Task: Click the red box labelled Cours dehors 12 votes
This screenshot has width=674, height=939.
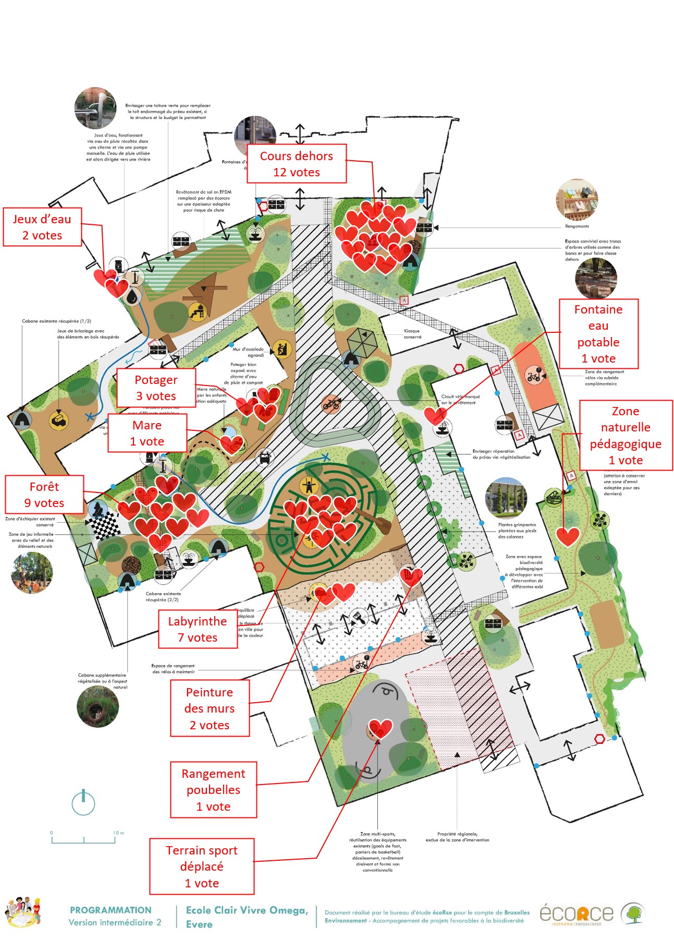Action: click(x=296, y=164)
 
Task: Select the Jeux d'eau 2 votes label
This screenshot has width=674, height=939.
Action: click(x=42, y=227)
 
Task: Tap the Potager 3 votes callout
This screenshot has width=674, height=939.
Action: click(x=156, y=388)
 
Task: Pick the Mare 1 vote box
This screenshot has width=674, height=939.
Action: click(x=147, y=433)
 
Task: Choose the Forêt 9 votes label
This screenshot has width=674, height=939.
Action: click(x=44, y=495)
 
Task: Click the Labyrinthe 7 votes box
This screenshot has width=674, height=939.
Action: click(x=198, y=629)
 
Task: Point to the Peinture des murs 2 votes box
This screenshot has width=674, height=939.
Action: click(x=210, y=708)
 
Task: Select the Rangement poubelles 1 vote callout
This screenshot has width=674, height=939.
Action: click(x=213, y=790)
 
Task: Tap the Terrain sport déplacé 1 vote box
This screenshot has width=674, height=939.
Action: click(x=202, y=866)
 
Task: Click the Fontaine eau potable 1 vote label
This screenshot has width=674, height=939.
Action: click(x=598, y=334)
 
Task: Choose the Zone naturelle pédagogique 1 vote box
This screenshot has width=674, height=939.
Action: click(x=626, y=436)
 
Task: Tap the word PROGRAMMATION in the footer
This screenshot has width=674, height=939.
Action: click(x=111, y=910)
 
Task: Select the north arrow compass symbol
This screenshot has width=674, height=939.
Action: click(x=83, y=802)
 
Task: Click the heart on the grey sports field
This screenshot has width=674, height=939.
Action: click(x=380, y=728)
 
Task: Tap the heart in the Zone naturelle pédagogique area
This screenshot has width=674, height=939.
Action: click(x=567, y=536)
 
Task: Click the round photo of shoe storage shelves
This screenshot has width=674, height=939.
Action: click(x=577, y=200)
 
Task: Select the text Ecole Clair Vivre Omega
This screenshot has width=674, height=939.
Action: click(x=247, y=910)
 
